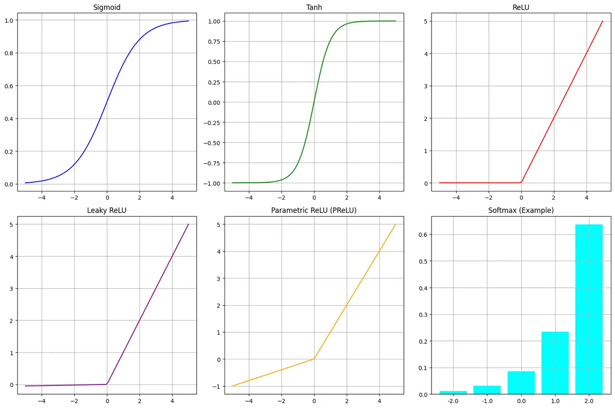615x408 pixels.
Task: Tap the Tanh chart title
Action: point(314,7)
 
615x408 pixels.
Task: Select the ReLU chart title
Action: point(521,7)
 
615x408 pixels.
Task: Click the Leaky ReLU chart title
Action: point(107,210)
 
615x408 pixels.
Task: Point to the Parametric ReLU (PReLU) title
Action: point(314,210)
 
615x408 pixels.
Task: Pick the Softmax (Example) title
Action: point(521,210)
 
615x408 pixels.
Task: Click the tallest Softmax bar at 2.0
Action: point(589,309)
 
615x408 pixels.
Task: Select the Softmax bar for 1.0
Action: point(555,363)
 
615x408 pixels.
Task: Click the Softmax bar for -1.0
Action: point(487,390)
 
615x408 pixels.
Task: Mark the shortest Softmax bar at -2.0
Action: point(453,393)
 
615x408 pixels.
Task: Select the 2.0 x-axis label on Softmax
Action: point(589,402)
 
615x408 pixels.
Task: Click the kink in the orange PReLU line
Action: point(314,359)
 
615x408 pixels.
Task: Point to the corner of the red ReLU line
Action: point(521,182)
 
